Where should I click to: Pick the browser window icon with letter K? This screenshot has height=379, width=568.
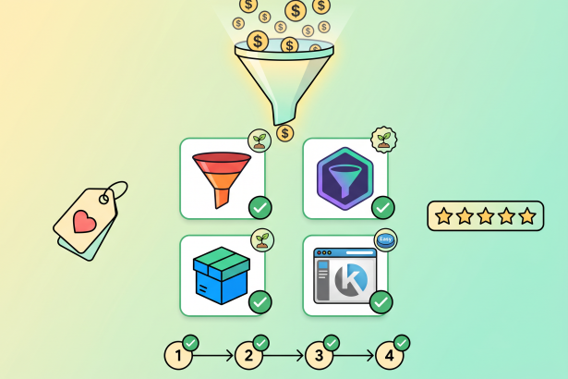coord(344,275)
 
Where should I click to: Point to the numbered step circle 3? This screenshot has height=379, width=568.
coord(319,354)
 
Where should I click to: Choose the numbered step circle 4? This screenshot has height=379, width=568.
coord(389,354)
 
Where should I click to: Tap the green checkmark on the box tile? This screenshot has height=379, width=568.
coord(260,301)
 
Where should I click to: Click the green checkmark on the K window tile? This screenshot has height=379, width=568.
coord(381,301)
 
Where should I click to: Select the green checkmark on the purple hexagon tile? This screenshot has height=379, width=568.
coord(381,206)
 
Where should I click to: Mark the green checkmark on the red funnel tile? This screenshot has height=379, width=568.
coord(260,206)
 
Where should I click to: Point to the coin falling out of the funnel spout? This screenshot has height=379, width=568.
coord(285,134)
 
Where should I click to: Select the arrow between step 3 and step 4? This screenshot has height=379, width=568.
coord(354,354)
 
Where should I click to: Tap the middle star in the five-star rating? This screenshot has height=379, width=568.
coord(485,216)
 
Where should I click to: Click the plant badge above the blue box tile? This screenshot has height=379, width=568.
coord(262,240)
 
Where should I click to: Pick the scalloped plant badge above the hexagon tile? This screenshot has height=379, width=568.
coord(383,141)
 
